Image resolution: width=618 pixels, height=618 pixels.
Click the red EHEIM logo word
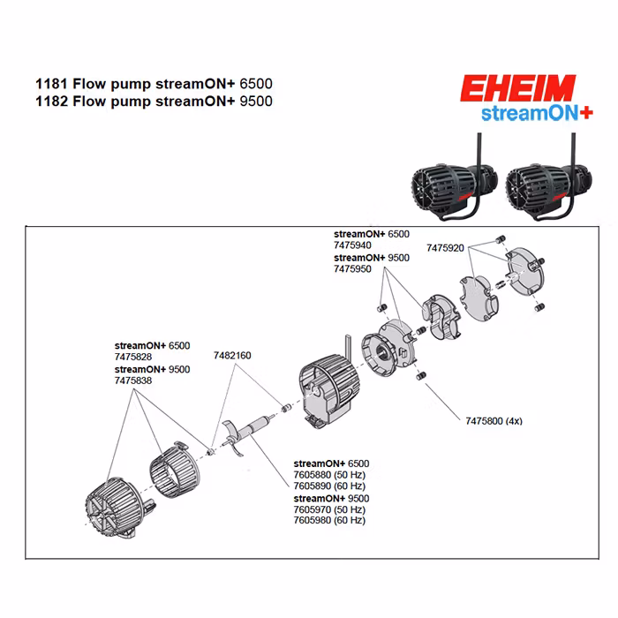pyautogui.click(x=517, y=89)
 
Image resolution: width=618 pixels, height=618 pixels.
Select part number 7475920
pyautogui.click(x=445, y=248)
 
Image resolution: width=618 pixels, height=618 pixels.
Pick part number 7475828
pyautogui.click(x=133, y=357)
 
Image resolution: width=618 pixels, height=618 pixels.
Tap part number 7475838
pyautogui.click(x=133, y=380)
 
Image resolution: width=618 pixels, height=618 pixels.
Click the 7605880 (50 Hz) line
pyautogui.click(x=329, y=475)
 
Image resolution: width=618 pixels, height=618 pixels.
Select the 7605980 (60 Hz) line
pyautogui.click(x=329, y=520)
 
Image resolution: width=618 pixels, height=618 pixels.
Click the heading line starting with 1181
pyautogui.click(x=154, y=84)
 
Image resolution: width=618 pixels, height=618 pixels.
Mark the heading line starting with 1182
pyautogui.click(x=154, y=101)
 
